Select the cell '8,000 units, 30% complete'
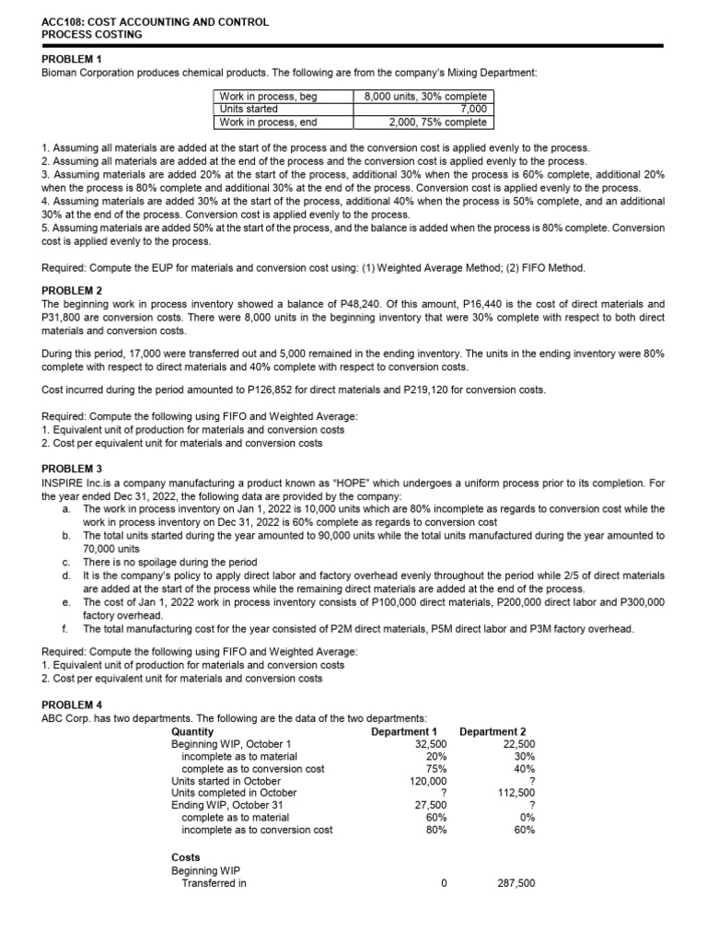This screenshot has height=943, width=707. tap(425, 97)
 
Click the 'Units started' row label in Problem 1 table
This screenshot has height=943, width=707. tap(249, 109)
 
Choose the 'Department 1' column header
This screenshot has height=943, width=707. tap(403, 731)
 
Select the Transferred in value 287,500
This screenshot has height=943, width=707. tap(516, 881)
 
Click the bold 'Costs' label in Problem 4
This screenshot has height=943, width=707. tap(186, 857)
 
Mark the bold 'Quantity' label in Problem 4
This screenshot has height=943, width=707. tap(192, 731)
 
